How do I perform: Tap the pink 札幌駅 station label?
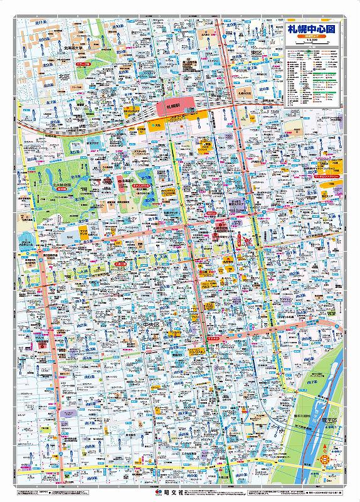coord(174,106)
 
